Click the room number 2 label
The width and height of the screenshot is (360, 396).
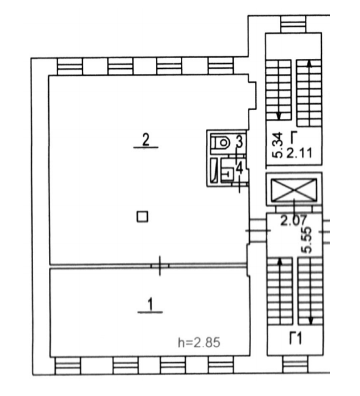click(x=146, y=140)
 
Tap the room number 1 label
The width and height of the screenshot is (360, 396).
click(x=150, y=304)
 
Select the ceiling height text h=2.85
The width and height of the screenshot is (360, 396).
click(x=199, y=343)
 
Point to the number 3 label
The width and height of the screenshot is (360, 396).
click(x=239, y=141)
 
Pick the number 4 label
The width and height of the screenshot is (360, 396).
click(x=239, y=168)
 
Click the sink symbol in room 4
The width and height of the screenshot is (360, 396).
click(x=227, y=173)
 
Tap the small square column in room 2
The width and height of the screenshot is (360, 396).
click(x=142, y=216)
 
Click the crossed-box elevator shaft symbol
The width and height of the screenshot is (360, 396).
click(x=294, y=190)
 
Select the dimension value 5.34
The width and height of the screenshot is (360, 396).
click(x=278, y=145)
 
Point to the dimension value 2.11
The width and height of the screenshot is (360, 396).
click(x=299, y=153)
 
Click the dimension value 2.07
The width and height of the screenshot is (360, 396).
click(x=294, y=220)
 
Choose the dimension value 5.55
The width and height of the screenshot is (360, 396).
click(x=307, y=240)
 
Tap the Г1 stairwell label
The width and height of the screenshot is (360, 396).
click(x=296, y=338)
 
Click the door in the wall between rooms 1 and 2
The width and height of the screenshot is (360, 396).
click(x=160, y=266)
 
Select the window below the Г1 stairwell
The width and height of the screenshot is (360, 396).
click(x=295, y=365)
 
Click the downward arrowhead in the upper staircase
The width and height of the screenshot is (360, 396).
click(x=279, y=116)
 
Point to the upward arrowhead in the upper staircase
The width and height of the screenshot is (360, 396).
click(x=309, y=64)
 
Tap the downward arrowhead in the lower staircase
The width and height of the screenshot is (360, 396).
click(x=311, y=321)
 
